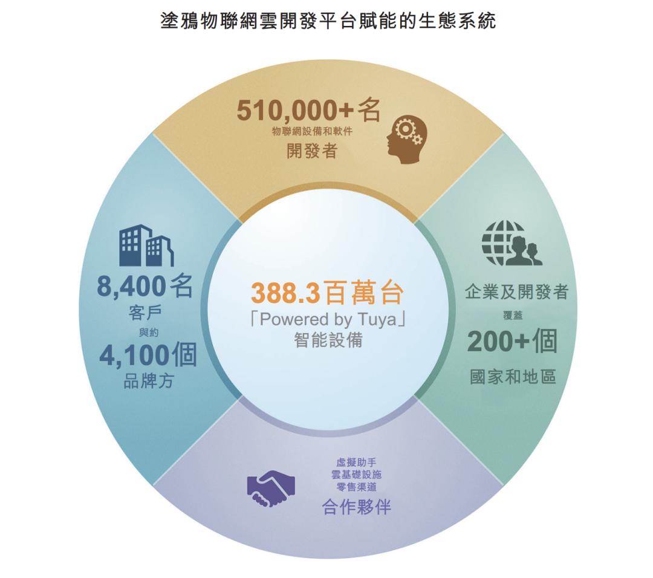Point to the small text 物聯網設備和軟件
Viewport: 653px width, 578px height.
pos(312,131)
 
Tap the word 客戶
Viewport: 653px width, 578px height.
pos(145,313)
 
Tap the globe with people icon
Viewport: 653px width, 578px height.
pos(512,243)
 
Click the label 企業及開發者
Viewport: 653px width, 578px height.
pos(516,293)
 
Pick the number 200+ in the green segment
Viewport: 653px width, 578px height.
pos(498,343)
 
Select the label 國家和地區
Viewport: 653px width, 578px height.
pos(513,377)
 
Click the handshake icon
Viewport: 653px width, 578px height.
pos(271,487)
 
